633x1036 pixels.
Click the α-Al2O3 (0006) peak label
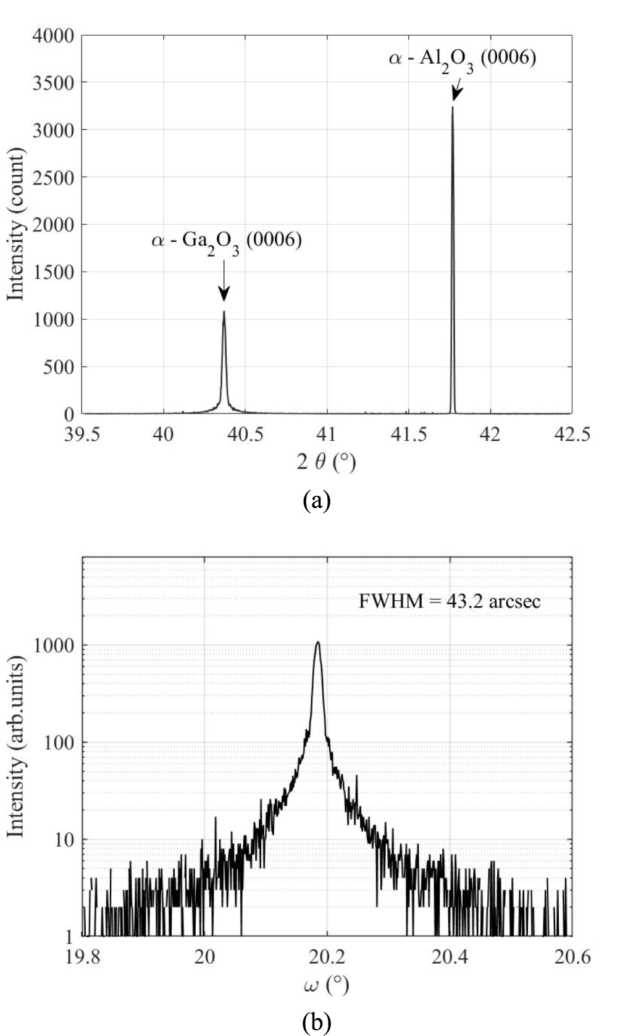(x=463, y=60)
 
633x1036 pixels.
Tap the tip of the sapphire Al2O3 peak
(x=453, y=108)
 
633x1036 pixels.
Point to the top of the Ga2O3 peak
(x=224, y=312)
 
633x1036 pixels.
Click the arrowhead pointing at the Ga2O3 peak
(x=224, y=295)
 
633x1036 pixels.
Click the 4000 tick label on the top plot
(x=53, y=35)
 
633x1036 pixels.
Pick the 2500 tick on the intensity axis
(x=53, y=178)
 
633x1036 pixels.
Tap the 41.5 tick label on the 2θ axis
(x=408, y=435)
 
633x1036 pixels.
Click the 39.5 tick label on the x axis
(x=82, y=435)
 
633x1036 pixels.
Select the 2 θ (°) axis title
(x=326, y=462)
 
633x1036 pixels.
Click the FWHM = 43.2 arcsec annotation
(x=450, y=601)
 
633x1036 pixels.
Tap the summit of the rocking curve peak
(x=318, y=643)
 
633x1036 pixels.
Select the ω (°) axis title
(x=326, y=985)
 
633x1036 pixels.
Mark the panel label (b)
(x=317, y=1022)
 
